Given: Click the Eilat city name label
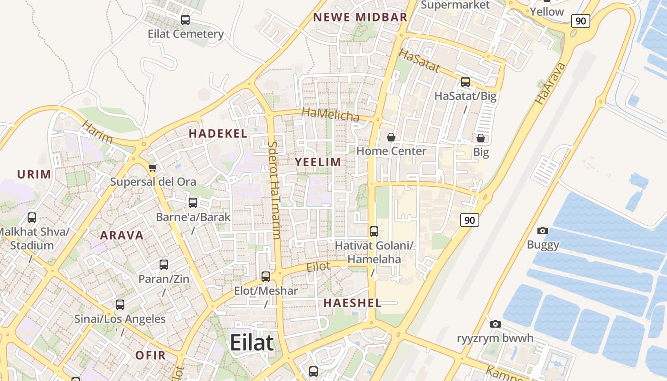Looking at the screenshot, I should coord(252,342).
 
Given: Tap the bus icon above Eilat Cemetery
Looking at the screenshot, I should coord(185,20).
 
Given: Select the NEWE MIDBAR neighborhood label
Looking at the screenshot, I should coord(360,18).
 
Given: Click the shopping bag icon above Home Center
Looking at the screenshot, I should coord(391,137).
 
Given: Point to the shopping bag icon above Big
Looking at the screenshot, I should coord(481,138).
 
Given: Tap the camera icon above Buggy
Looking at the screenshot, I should coord(543,231).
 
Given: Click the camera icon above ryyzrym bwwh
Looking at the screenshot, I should coord(495,324).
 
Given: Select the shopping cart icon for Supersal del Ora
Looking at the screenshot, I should coord(153,168).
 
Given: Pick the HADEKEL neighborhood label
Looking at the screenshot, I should coord(218,133).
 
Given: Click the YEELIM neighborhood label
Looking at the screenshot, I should coord(318,162).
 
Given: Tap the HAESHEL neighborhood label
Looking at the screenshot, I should coord(353,303).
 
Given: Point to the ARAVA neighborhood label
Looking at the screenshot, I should coord(121,235).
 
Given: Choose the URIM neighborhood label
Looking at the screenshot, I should coord(34,174).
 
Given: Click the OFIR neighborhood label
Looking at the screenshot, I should coord(151,355).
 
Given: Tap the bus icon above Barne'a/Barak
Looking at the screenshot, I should coord(193,203).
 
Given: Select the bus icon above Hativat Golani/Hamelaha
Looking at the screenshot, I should coord(374,231).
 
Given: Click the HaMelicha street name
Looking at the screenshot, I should coord(331,115).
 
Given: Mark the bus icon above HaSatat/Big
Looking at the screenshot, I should coord(465,82).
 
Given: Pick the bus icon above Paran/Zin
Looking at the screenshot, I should coord(164,265).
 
